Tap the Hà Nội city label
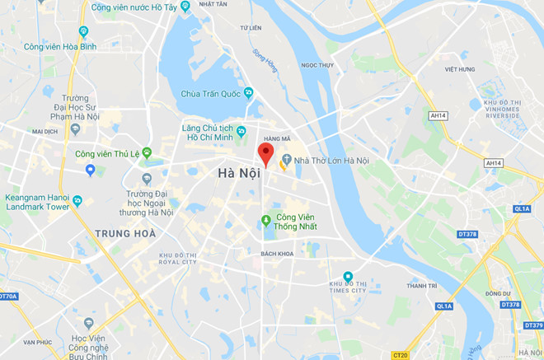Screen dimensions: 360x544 pos(238,173)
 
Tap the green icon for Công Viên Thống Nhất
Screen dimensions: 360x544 pos(266,220)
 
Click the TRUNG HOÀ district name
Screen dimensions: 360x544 pos(125,233)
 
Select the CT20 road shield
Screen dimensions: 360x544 pos(401,355)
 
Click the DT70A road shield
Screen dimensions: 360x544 pos(7,296)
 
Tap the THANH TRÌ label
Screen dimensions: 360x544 pos(421,286)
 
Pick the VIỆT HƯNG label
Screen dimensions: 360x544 pos(460,69)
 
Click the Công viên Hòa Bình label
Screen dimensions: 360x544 pos(60,47)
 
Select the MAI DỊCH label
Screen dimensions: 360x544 pos(45,131)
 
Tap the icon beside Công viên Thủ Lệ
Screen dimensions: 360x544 pos(147,152)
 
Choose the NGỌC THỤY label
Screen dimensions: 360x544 pos(317,65)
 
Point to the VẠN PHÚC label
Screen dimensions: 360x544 pos(37,342)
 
